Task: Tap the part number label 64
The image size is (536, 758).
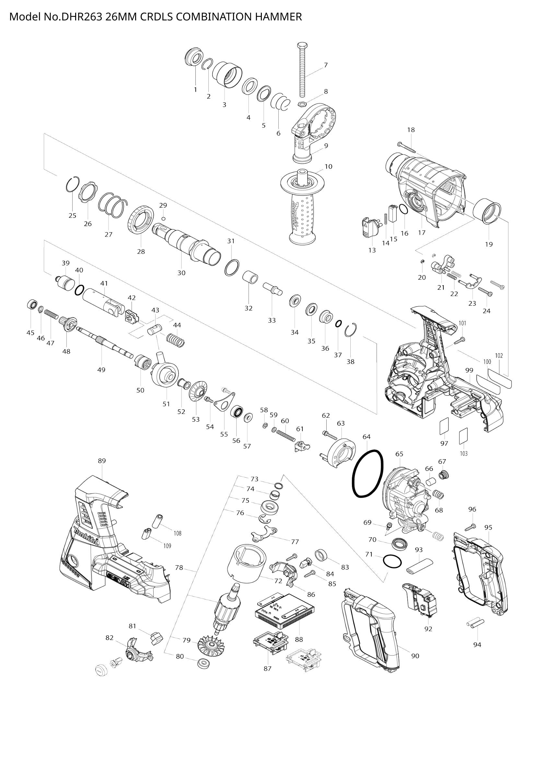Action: (x=367, y=437)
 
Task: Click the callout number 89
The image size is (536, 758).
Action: (x=102, y=461)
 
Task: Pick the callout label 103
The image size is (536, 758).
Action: (x=464, y=454)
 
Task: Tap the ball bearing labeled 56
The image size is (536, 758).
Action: (x=238, y=412)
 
